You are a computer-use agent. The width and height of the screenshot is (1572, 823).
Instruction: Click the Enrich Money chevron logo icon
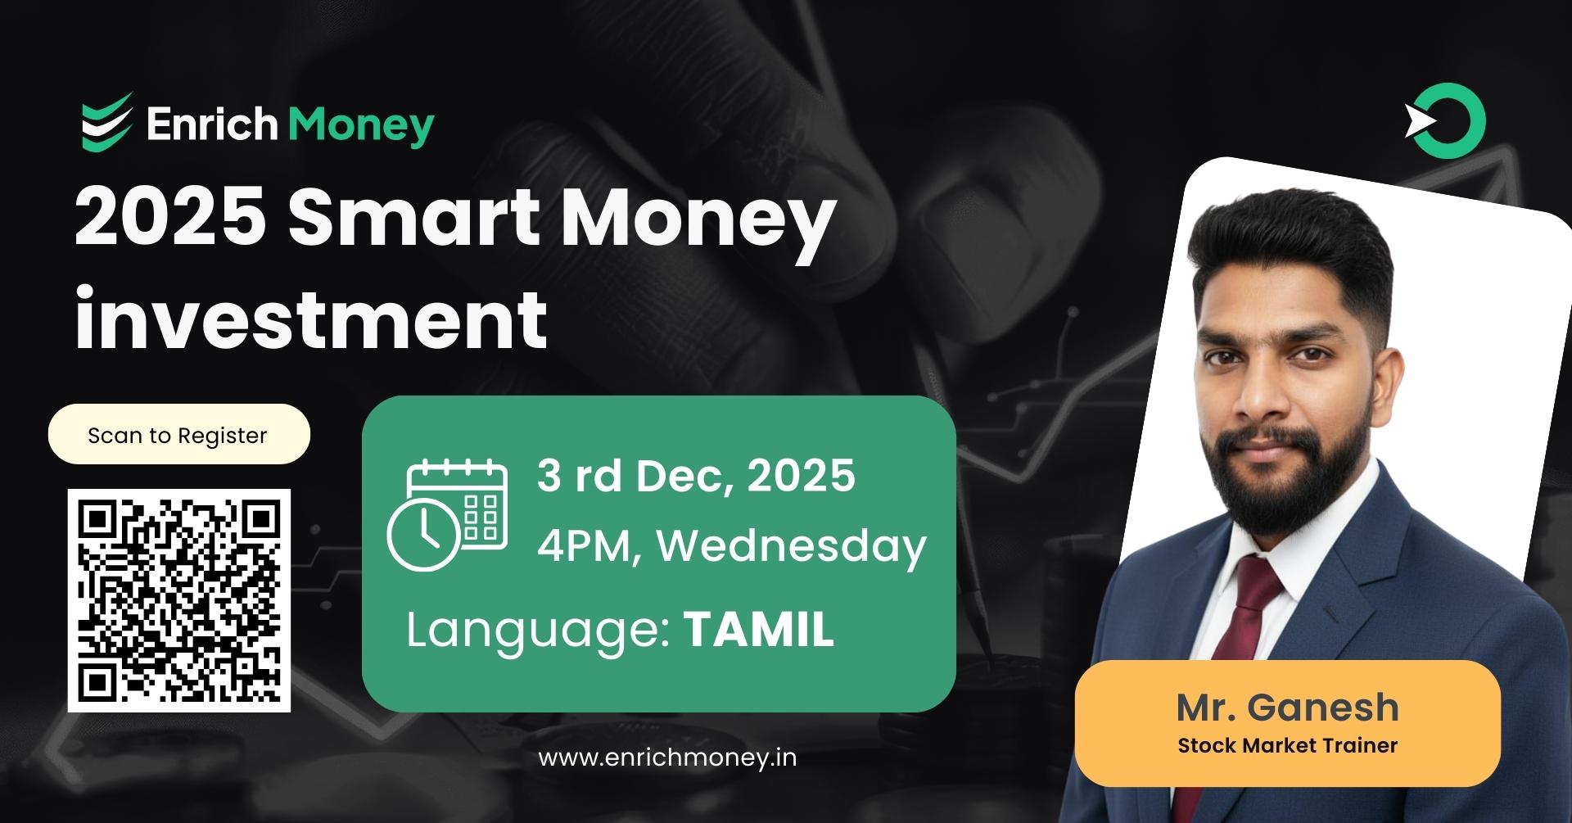(106, 123)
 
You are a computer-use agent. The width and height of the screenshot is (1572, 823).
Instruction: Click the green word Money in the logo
(360, 125)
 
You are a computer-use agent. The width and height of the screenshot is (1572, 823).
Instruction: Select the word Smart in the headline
(413, 216)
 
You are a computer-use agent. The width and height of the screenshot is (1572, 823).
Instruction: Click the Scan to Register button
(178, 435)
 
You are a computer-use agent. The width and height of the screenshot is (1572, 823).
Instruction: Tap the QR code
(179, 600)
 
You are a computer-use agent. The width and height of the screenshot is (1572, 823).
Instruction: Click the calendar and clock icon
(447, 515)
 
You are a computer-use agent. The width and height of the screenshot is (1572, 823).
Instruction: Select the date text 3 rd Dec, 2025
(696, 476)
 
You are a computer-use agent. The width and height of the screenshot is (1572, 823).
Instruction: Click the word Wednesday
(792, 545)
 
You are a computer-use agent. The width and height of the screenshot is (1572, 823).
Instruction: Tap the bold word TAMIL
(758, 630)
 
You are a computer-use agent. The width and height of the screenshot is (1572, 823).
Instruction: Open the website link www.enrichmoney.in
(667, 757)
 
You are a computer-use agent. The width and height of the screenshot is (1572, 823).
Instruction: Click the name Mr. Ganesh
(1287, 708)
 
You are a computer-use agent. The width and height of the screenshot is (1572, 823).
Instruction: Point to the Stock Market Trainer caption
(1287, 746)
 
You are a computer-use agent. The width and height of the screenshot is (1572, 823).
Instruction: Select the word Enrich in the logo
(211, 125)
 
